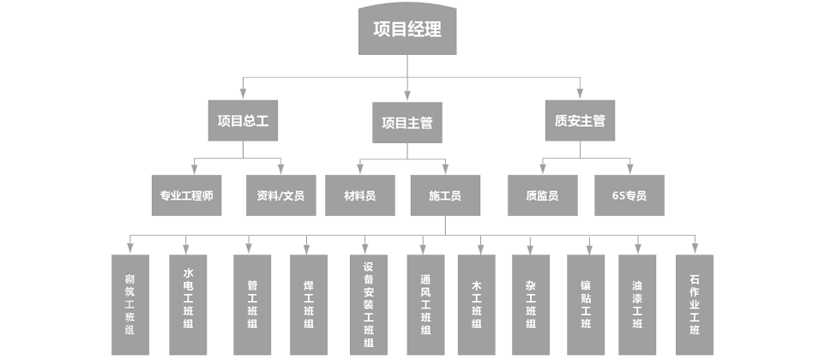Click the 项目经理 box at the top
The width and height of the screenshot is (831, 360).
[407, 29]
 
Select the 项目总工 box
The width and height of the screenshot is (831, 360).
[243, 121]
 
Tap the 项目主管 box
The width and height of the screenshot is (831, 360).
[407, 123]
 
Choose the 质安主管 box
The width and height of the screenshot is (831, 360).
[580, 121]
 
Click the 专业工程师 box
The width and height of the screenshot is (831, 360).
[186, 195]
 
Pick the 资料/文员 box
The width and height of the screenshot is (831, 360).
[280, 195]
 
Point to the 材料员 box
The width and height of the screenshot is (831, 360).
[359, 195]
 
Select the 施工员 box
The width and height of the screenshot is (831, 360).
[445, 195]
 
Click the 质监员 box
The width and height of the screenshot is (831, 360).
[542, 195]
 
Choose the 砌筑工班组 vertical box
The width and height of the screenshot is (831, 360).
[130, 304]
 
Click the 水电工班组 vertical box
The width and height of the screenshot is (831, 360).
[188, 304]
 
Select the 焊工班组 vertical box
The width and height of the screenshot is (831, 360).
[309, 304]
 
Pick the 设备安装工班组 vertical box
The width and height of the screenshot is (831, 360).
[368, 304]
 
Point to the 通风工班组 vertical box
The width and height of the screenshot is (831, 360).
[425, 304]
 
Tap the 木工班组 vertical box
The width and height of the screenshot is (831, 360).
[476, 304]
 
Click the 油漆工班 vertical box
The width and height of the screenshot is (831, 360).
[637, 304]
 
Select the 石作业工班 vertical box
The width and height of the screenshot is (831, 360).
[695, 304]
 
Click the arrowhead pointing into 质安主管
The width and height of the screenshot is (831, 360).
[580, 94]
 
